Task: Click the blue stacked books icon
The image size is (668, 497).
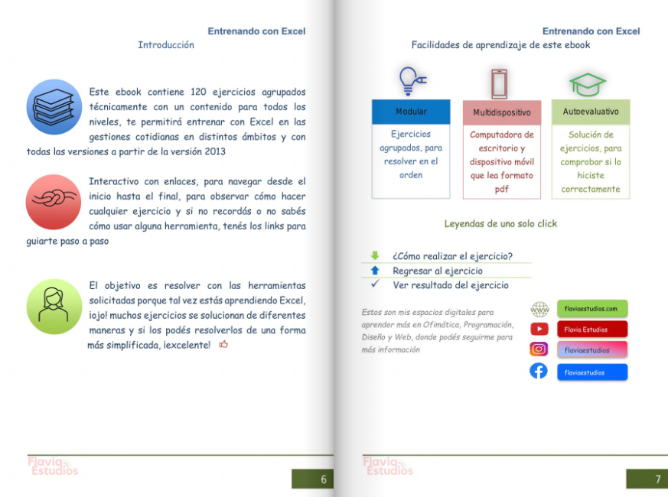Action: click(x=54, y=107)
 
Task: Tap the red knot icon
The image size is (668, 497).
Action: click(x=54, y=202)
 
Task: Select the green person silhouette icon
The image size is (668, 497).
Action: click(x=54, y=306)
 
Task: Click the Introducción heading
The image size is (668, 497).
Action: click(x=166, y=45)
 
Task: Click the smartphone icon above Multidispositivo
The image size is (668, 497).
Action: click(x=499, y=83)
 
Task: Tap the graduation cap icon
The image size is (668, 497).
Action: click(x=588, y=83)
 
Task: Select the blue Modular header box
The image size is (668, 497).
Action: click(x=411, y=112)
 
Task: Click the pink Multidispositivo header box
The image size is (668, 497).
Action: click(x=501, y=112)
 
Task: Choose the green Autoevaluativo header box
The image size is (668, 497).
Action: click(x=591, y=112)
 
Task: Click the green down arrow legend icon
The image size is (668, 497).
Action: click(x=375, y=256)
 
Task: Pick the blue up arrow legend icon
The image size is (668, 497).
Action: click(x=375, y=271)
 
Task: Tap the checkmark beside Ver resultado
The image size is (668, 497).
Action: click(x=375, y=284)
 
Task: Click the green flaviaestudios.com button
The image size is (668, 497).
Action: click(x=592, y=309)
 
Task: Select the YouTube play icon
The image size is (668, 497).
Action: click(x=539, y=330)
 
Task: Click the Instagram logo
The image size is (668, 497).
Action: click(x=539, y=349)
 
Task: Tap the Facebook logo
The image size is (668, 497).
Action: click(x=539, y=372)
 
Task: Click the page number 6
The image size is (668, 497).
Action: click(x=323, y=479)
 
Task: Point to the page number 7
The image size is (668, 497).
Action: click(x=657, y=479)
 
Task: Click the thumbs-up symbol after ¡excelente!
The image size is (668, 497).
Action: click(x=223, y=345)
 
